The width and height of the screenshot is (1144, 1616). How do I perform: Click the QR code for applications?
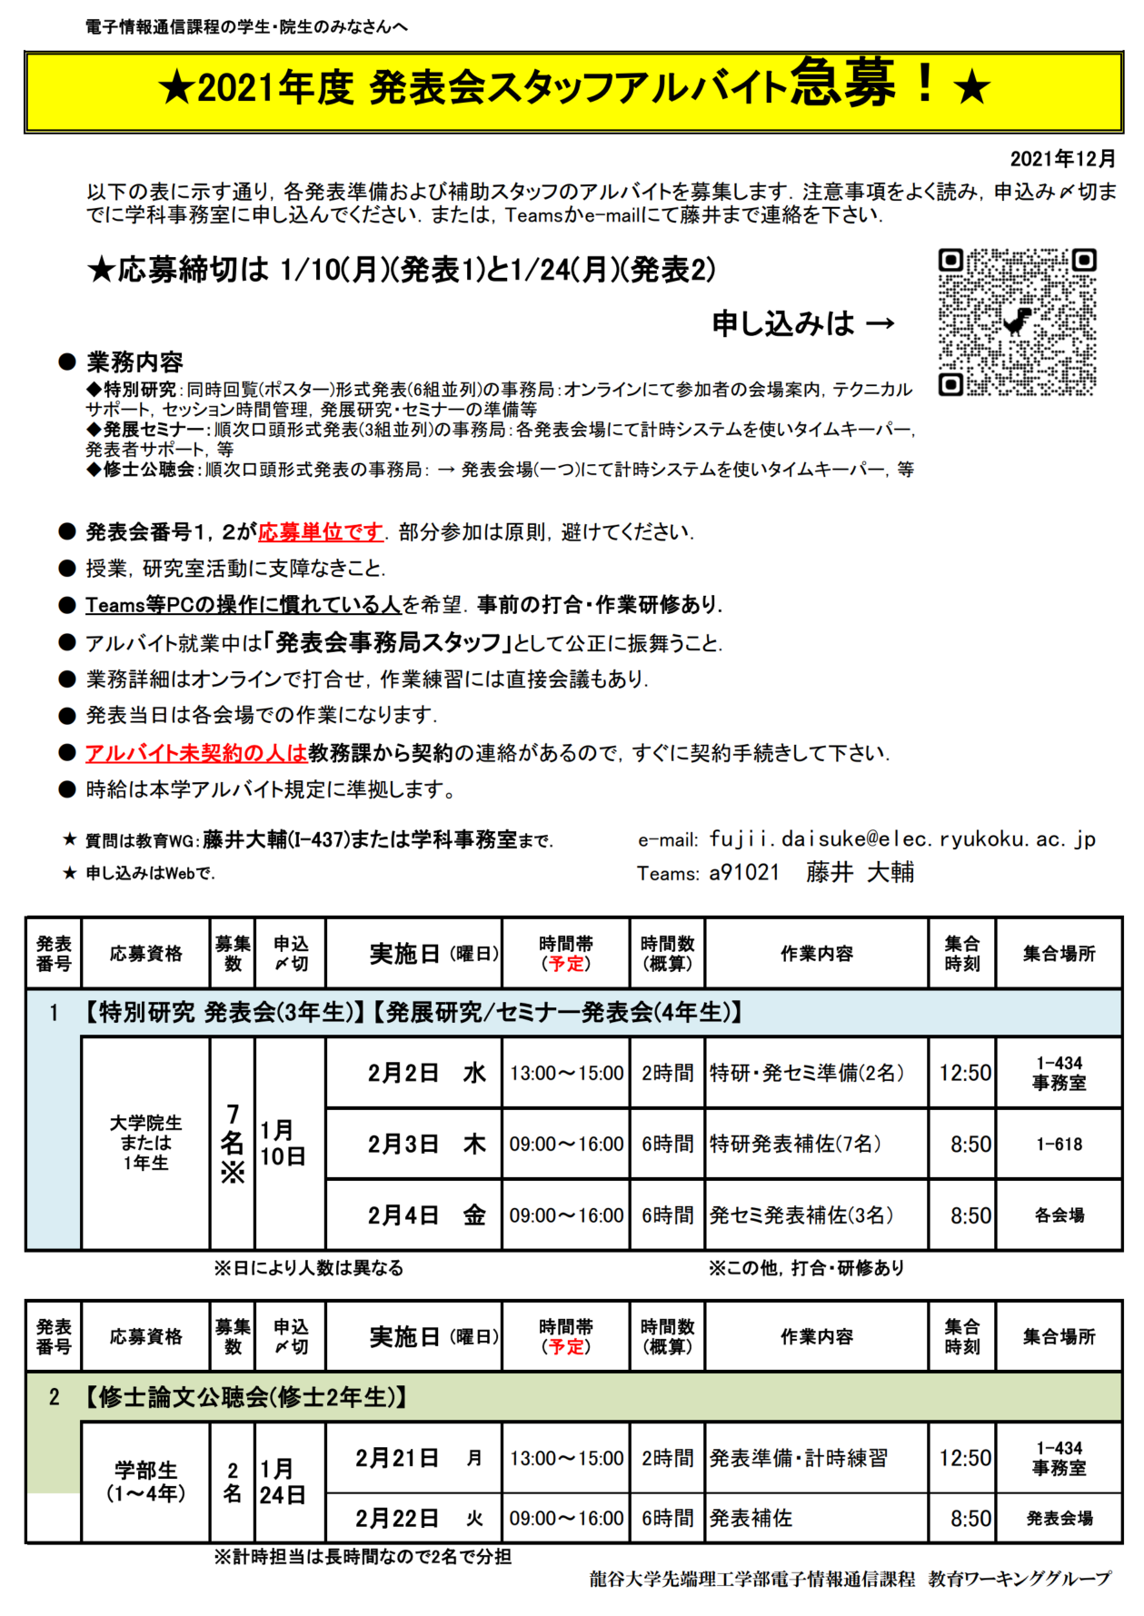coord(1017,322)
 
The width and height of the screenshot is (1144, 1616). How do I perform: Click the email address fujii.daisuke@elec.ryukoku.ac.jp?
coord(902,839)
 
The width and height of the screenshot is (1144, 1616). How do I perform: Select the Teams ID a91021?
coord(744,873)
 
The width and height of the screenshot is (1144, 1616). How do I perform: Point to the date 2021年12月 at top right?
coord(1062,159)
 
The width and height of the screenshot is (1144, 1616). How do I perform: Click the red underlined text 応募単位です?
coord(321,532)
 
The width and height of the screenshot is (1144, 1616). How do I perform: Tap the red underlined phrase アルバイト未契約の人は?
coord(196,753)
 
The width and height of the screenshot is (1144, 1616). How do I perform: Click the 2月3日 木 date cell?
coord(413,1144)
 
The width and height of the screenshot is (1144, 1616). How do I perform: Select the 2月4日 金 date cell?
coord(413,1214)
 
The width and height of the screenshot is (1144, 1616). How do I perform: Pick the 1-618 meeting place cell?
coord(1059,1144)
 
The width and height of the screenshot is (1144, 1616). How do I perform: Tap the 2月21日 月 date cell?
coord(413,1458)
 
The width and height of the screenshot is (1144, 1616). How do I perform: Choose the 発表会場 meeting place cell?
coord(1059,1518)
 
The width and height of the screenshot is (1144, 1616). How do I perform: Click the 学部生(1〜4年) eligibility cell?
coord(145,1482)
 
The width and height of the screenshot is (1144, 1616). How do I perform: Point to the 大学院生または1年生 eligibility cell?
coord(145,1143)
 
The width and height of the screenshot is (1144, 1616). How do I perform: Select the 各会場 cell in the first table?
coord(1059,1214)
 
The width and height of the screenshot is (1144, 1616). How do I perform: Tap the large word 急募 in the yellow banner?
coord(842,84)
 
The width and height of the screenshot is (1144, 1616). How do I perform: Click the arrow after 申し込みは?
coord(880,324)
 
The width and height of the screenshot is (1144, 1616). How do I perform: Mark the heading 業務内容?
coord(134,362)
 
